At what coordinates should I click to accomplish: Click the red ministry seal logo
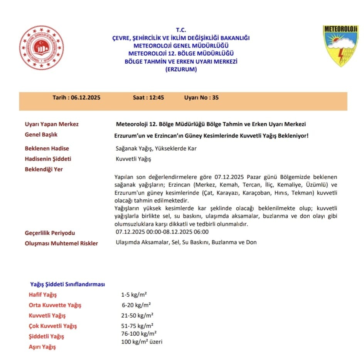(42, 48)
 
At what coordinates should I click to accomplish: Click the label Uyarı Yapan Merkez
(52, 124)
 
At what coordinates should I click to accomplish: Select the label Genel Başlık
(41, 135)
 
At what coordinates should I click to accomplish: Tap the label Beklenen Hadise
(47, 149)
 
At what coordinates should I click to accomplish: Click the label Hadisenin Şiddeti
(48, 159)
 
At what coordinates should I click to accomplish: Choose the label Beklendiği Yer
(44, 169)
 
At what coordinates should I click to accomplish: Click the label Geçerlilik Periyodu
(50, 233)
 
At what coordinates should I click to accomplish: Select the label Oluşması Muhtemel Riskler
(61, 243)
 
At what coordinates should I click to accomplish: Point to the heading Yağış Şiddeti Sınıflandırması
(67, 284)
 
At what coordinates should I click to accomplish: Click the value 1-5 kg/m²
(133, 295)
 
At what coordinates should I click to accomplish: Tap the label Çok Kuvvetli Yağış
(53, 326)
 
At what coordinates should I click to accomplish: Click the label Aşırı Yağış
(42, 347)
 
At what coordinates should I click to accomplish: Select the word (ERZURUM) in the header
(180, 69)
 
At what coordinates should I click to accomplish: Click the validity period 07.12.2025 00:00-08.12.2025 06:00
(162, 232)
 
